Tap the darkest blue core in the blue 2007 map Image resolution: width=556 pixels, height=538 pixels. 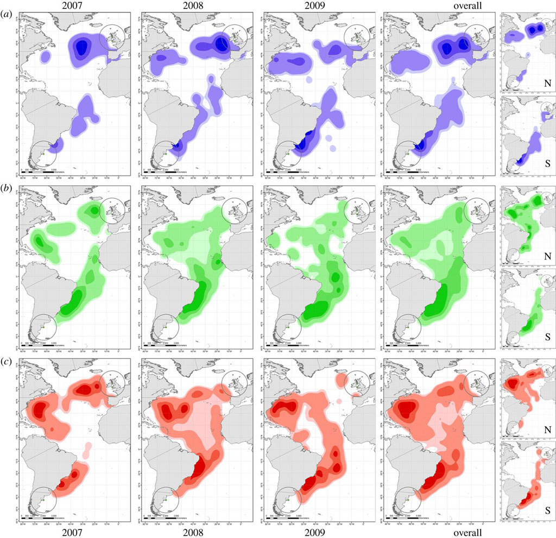(82, 46)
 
